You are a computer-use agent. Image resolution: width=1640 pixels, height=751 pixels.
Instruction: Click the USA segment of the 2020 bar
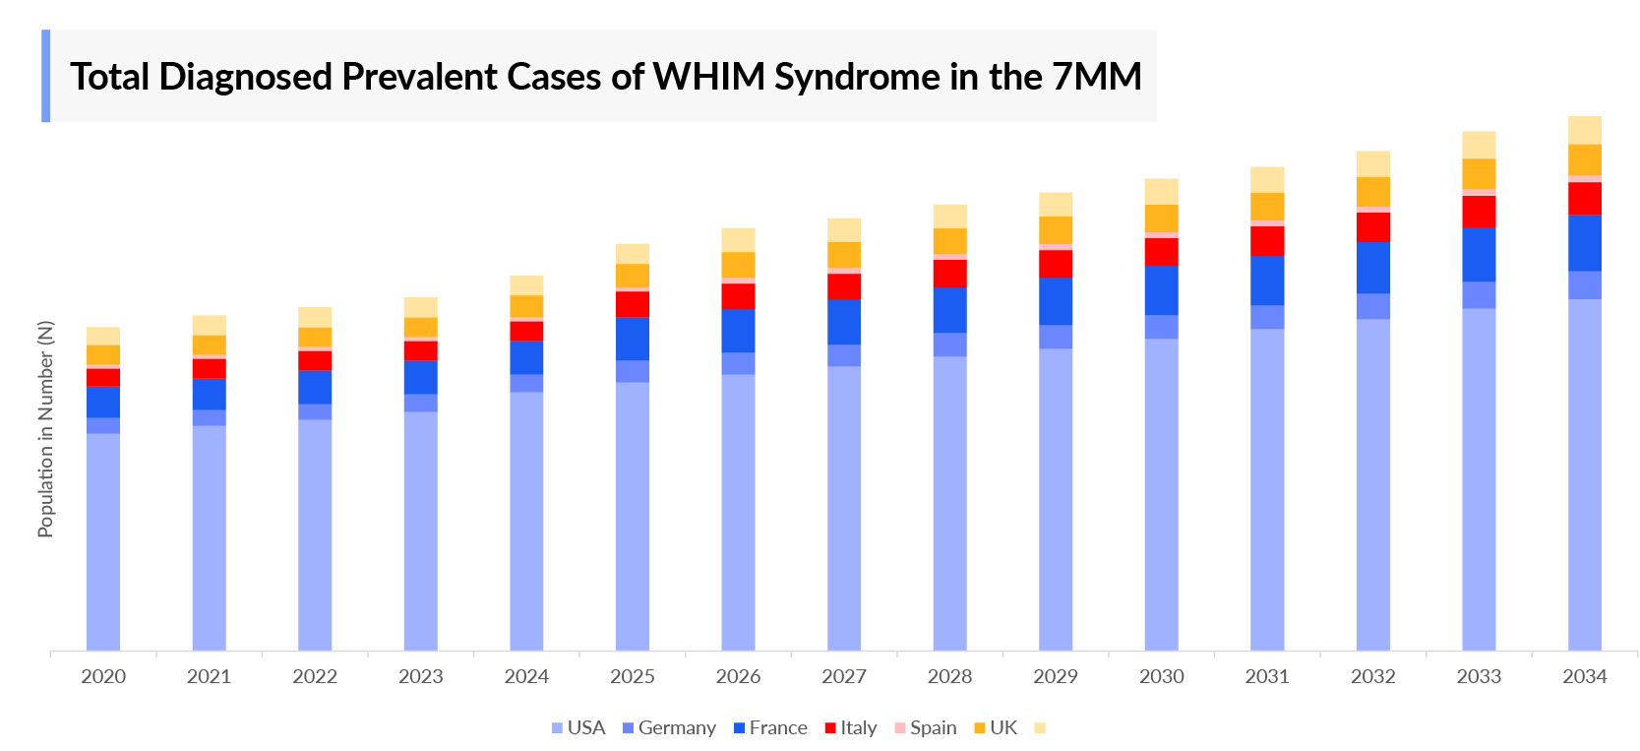103,541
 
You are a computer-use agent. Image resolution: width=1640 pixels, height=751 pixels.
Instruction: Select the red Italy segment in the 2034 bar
1584,198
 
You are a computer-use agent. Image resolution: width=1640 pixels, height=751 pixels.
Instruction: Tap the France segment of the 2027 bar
844,321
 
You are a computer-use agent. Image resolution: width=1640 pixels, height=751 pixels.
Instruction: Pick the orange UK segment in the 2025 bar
633,276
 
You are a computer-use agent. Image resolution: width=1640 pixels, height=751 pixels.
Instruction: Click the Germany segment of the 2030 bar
1161,327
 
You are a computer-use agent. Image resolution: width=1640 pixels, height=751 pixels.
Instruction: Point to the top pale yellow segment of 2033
1479,145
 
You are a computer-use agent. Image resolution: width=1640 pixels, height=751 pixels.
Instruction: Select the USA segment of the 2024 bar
526,522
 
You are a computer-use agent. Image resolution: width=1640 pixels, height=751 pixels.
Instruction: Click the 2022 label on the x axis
315,676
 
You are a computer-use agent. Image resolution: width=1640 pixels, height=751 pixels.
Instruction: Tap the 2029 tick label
1056,676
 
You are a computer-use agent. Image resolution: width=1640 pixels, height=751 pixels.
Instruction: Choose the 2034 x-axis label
1584,676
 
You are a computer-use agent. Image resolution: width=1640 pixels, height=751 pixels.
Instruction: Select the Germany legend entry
669,727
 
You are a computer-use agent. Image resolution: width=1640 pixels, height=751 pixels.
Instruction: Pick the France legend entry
770,727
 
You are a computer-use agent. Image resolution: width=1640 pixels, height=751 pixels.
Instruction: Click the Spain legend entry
925,727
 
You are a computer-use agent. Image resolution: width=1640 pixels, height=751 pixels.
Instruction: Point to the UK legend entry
996,727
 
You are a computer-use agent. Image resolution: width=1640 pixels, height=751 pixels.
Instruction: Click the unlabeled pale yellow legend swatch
1040,727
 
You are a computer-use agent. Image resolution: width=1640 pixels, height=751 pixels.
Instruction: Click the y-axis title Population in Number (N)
45,429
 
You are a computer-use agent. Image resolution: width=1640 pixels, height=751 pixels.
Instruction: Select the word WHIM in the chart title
708,76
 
